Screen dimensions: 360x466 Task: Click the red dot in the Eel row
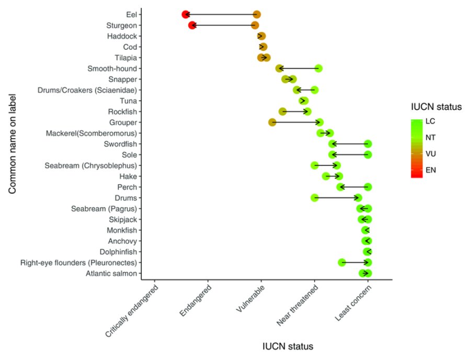tap(185, 15)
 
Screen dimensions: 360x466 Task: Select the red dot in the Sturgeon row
tap(192, 25)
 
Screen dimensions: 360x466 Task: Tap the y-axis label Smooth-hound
tap(112, 69)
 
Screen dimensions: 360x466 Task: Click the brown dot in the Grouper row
tap(272, 122)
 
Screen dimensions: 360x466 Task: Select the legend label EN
tap(431, 170)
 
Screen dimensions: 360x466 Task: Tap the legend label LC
tap(430, 121)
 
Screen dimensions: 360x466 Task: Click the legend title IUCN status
tap(435, 107)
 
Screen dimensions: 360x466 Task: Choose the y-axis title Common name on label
tap(13, 144)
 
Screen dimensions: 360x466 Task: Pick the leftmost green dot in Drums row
tap(314, 198)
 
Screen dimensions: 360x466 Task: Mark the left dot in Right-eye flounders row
tap(342, 262)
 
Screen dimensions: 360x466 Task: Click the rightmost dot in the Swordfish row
tap(368, 144)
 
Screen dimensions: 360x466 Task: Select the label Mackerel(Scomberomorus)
tap(92, 133)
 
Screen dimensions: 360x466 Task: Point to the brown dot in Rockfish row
tap(282, 111)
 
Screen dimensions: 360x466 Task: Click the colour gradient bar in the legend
tap(416, 148)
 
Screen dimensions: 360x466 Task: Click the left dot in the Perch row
tap(340, 187)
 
